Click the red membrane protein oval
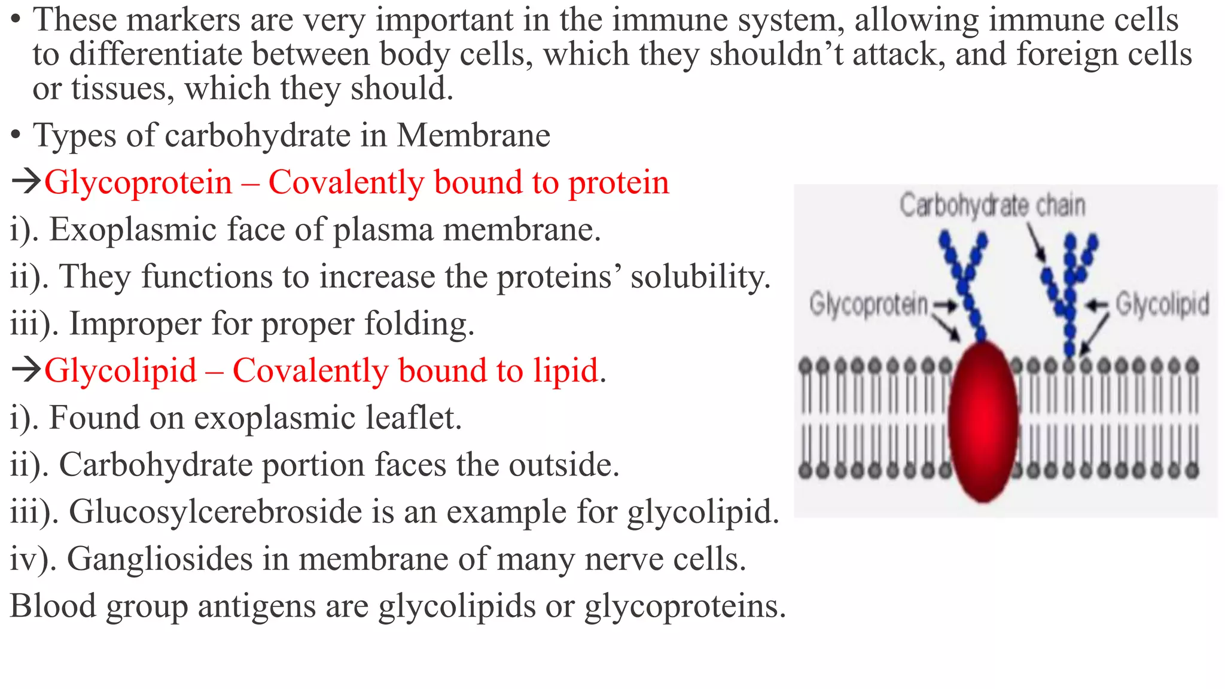(x=983, y=420)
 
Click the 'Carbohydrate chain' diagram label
(x=992, y=206)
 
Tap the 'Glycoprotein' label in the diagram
(x=868, y=304)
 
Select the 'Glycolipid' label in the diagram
(x=1162, y=304)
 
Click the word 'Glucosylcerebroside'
(x=227, y=512)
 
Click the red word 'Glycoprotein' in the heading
(x=138, y=182)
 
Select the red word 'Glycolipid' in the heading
(x=120, y=371)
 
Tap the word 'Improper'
(x=136, y=324)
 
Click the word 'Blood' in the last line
(x=53, y=606)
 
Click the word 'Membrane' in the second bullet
(x=473, y=135)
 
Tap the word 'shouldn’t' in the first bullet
(x=776, y=54)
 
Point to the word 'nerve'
(x=624, y=560)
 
